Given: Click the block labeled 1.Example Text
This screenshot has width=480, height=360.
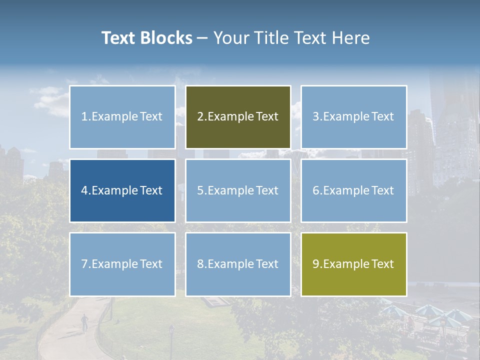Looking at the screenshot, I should pyautogui.click(x=122, y=117).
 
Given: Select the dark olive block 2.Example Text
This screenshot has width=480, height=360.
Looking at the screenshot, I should pyautogui.click(x=238, y=117).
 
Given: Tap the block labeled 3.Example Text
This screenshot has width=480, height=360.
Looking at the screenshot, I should pyautogui.click(x=353, y=117).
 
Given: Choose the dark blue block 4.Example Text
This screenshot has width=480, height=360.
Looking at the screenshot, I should pyautogui.click(x=122, y=190).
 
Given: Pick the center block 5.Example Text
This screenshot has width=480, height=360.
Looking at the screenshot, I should pyautogui.click(x=238, y=190).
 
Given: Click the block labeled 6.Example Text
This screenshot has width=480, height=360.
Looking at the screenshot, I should pyautogui.click(x=353, y=190).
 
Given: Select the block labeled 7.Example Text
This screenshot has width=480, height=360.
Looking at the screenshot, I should pyautogui.click(x=122, y=264).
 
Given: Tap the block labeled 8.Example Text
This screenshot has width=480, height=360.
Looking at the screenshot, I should pyautogui.click(x=238, y=264).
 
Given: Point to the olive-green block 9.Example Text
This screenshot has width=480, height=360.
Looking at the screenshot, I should pyautogui.click(x=353, y=264).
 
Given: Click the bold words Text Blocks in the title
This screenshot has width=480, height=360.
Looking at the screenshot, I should pyautogui.click(x=146, y=38).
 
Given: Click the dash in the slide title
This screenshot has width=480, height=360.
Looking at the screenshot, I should pyautogui.click(x=202, y=38).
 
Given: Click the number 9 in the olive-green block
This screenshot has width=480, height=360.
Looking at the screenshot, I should pyautogui.click(x=316, y=264).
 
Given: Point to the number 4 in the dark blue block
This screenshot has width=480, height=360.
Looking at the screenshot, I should pyautogui.click(x=84, y=190).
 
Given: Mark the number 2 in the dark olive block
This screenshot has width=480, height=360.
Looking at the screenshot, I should pyautogui.click(x=200, y=117).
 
